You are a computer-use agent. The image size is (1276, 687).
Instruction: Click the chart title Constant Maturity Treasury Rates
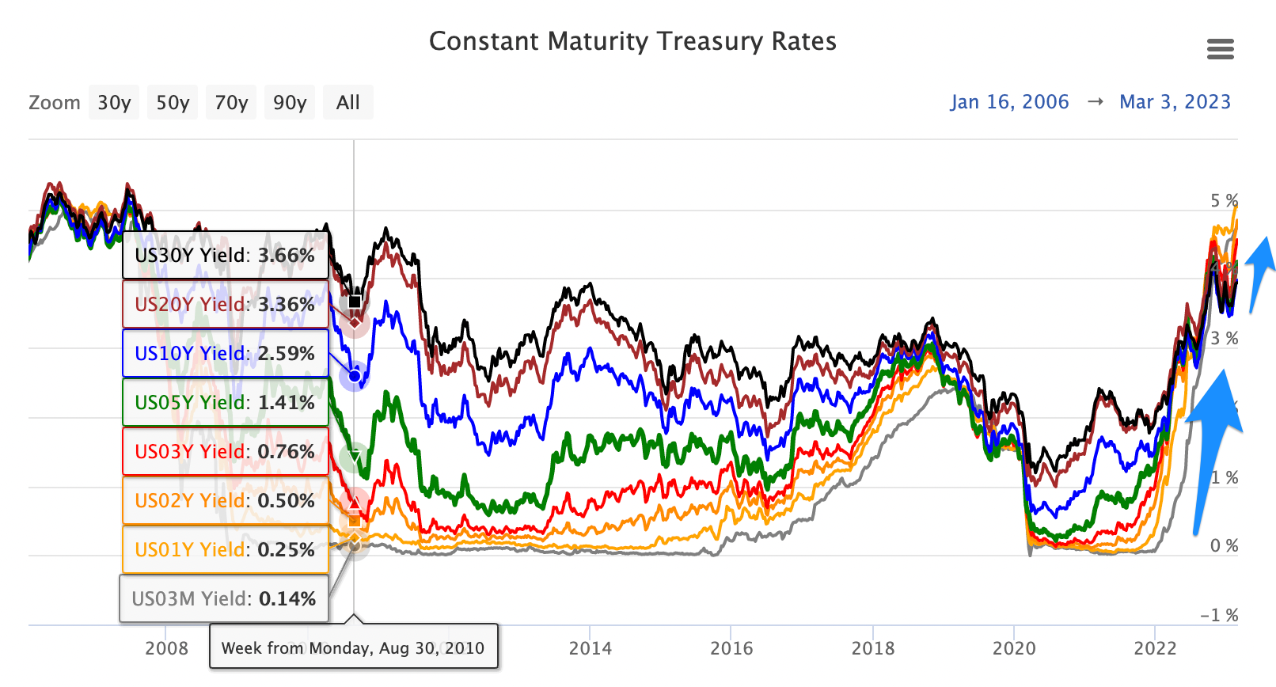point(632,41)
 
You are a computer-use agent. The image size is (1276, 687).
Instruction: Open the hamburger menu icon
point(1220,50)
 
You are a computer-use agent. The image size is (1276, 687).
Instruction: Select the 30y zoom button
point(114,103)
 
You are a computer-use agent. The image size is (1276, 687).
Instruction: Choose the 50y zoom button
point(173,103)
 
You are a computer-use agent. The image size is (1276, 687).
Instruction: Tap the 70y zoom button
point(231,103)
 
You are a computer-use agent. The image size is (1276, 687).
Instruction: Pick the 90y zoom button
point(290,103)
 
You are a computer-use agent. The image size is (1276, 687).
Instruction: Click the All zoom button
point(347,103)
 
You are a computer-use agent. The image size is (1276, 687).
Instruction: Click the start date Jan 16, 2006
point(1009,102)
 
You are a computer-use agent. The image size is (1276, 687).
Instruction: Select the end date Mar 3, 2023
point(1175,102)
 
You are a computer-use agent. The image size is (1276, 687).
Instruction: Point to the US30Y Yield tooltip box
point(225,256)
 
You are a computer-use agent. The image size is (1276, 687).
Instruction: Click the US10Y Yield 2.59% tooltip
point(225,354)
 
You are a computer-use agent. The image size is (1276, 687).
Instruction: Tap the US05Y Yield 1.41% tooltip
point(225,403)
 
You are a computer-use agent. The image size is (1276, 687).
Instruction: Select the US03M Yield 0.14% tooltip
point(224,599)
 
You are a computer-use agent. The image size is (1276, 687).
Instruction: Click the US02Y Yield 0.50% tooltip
point(225,501)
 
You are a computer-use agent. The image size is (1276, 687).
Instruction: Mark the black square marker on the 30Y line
point(355,301)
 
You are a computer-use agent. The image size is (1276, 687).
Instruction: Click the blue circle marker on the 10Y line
point(354,375)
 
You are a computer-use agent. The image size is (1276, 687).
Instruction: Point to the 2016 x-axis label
point(731,649)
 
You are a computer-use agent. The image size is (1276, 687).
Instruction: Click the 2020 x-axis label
point(1014,649)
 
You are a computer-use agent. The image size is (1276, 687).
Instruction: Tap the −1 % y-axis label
point(1219,616)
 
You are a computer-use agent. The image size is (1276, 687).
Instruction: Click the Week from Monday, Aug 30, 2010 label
point(353,648)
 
